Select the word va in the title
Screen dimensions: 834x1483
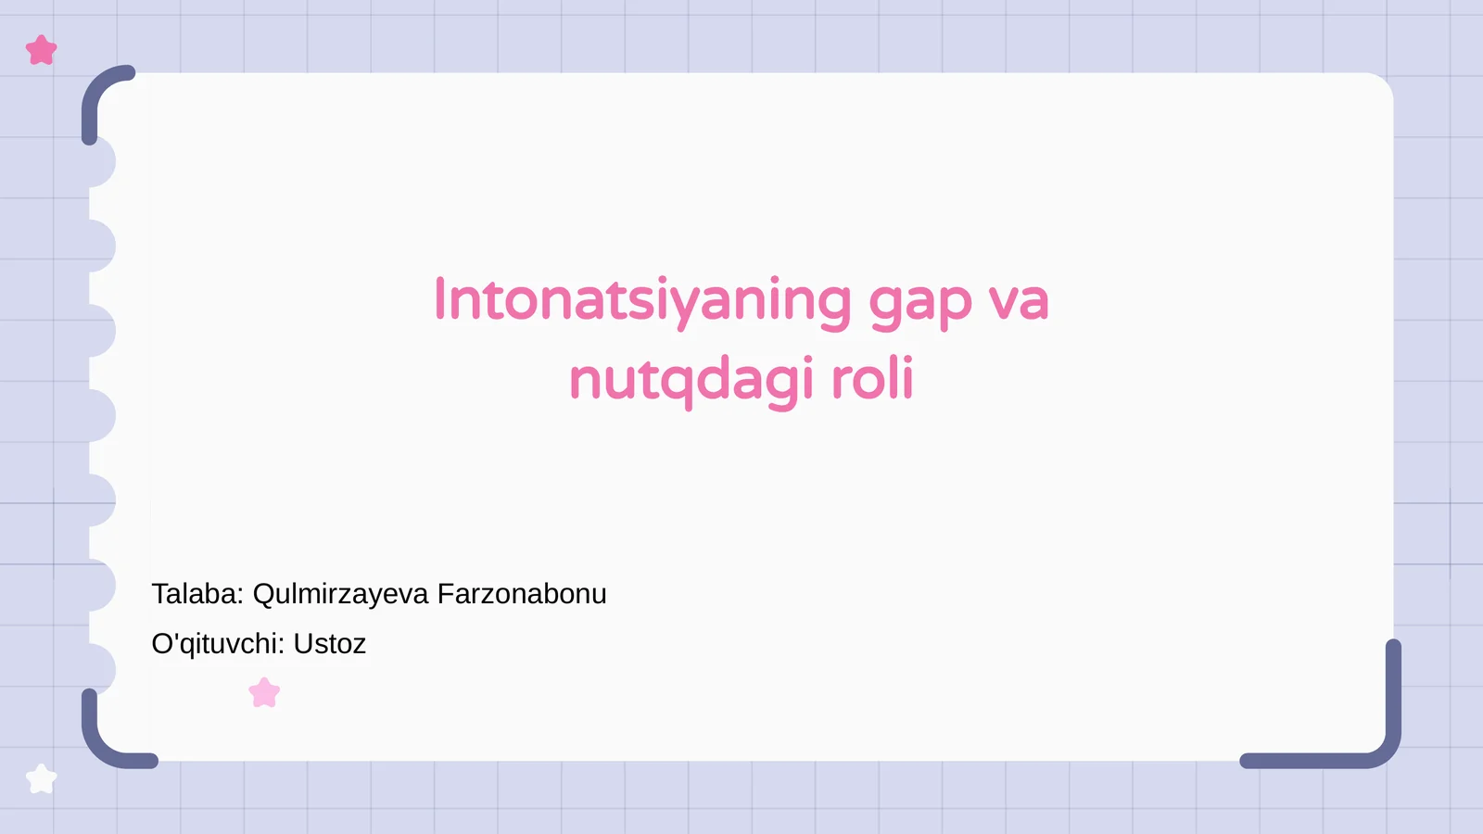1018,301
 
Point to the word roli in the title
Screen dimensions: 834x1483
871,379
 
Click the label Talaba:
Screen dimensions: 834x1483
197,594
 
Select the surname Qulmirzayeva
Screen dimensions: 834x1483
340,595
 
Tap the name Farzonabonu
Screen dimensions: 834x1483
522,594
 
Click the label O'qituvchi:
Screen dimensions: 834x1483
218,643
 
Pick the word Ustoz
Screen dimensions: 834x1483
330,643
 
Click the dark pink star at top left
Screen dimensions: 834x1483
42,50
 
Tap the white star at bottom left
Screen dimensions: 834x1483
42,778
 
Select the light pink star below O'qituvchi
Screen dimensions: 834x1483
264,692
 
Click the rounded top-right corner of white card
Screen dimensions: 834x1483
1376,89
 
